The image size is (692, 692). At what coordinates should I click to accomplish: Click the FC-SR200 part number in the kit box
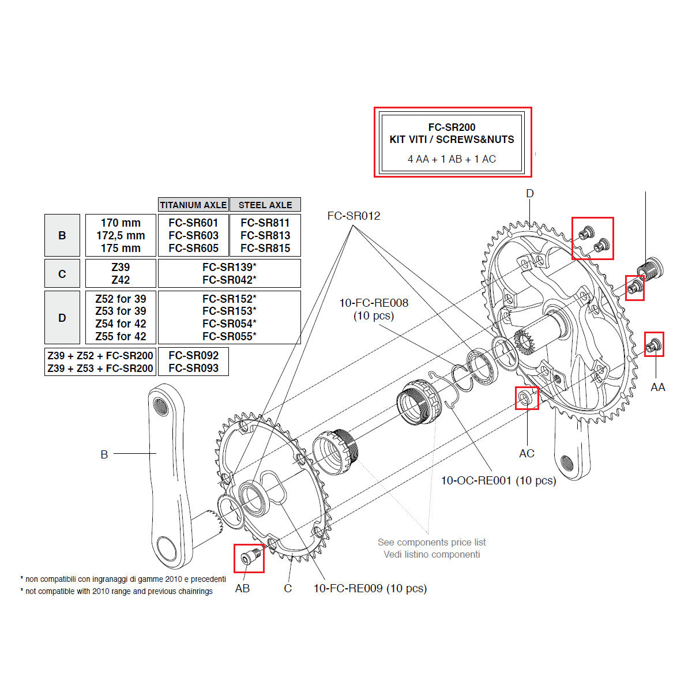pyautogui.click(x=452, y=127)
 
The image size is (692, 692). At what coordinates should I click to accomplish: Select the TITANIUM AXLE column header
pyautogui.click(x=193, y=205)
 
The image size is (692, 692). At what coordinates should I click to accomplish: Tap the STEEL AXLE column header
pyautogui.click(x=265, y=205)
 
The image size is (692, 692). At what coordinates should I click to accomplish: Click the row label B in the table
pyautogui.click(x=62, y=235)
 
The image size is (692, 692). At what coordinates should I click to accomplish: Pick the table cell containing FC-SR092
pyautogui.click(x=193, y=355)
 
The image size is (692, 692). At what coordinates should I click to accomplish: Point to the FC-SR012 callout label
pyautogui.click(x=353, y=216)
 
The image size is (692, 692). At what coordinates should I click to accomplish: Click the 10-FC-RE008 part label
pyautogui.click(x=373, y=303)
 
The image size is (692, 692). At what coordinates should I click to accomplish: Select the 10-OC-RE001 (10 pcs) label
pyautogui.click(x=498, y=480)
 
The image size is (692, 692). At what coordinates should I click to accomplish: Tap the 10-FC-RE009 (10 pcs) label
pyautogui.click(x=370, y=588)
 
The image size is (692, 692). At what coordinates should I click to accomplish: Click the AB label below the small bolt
pyautogui.click(x=242, y=588)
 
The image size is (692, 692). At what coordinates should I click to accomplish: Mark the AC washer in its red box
pyautogui.click(x=526, y=397)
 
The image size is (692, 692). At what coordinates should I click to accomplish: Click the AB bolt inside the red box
pyautogui.click(x=249, y=558)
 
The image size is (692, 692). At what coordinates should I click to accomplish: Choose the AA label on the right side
pyautogui.click(x=657, y=387)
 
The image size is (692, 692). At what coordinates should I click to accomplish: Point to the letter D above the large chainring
pyautogui.click(x=529, y=194)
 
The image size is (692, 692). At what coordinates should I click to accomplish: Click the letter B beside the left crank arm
pyautogui.click(x=104, y=454)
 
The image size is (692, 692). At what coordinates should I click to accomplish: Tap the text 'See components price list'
pyautogui.click(x=431, y=542)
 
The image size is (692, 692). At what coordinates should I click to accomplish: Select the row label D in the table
pyautogui.click(x=62, y=318)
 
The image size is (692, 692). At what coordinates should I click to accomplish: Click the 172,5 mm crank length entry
pyautogui.click(x=121, y=235)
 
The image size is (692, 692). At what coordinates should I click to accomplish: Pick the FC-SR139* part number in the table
pyautogui.click(x=229, y=267)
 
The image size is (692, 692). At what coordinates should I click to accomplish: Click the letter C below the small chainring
pyautogui.click(x=288, y=588)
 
